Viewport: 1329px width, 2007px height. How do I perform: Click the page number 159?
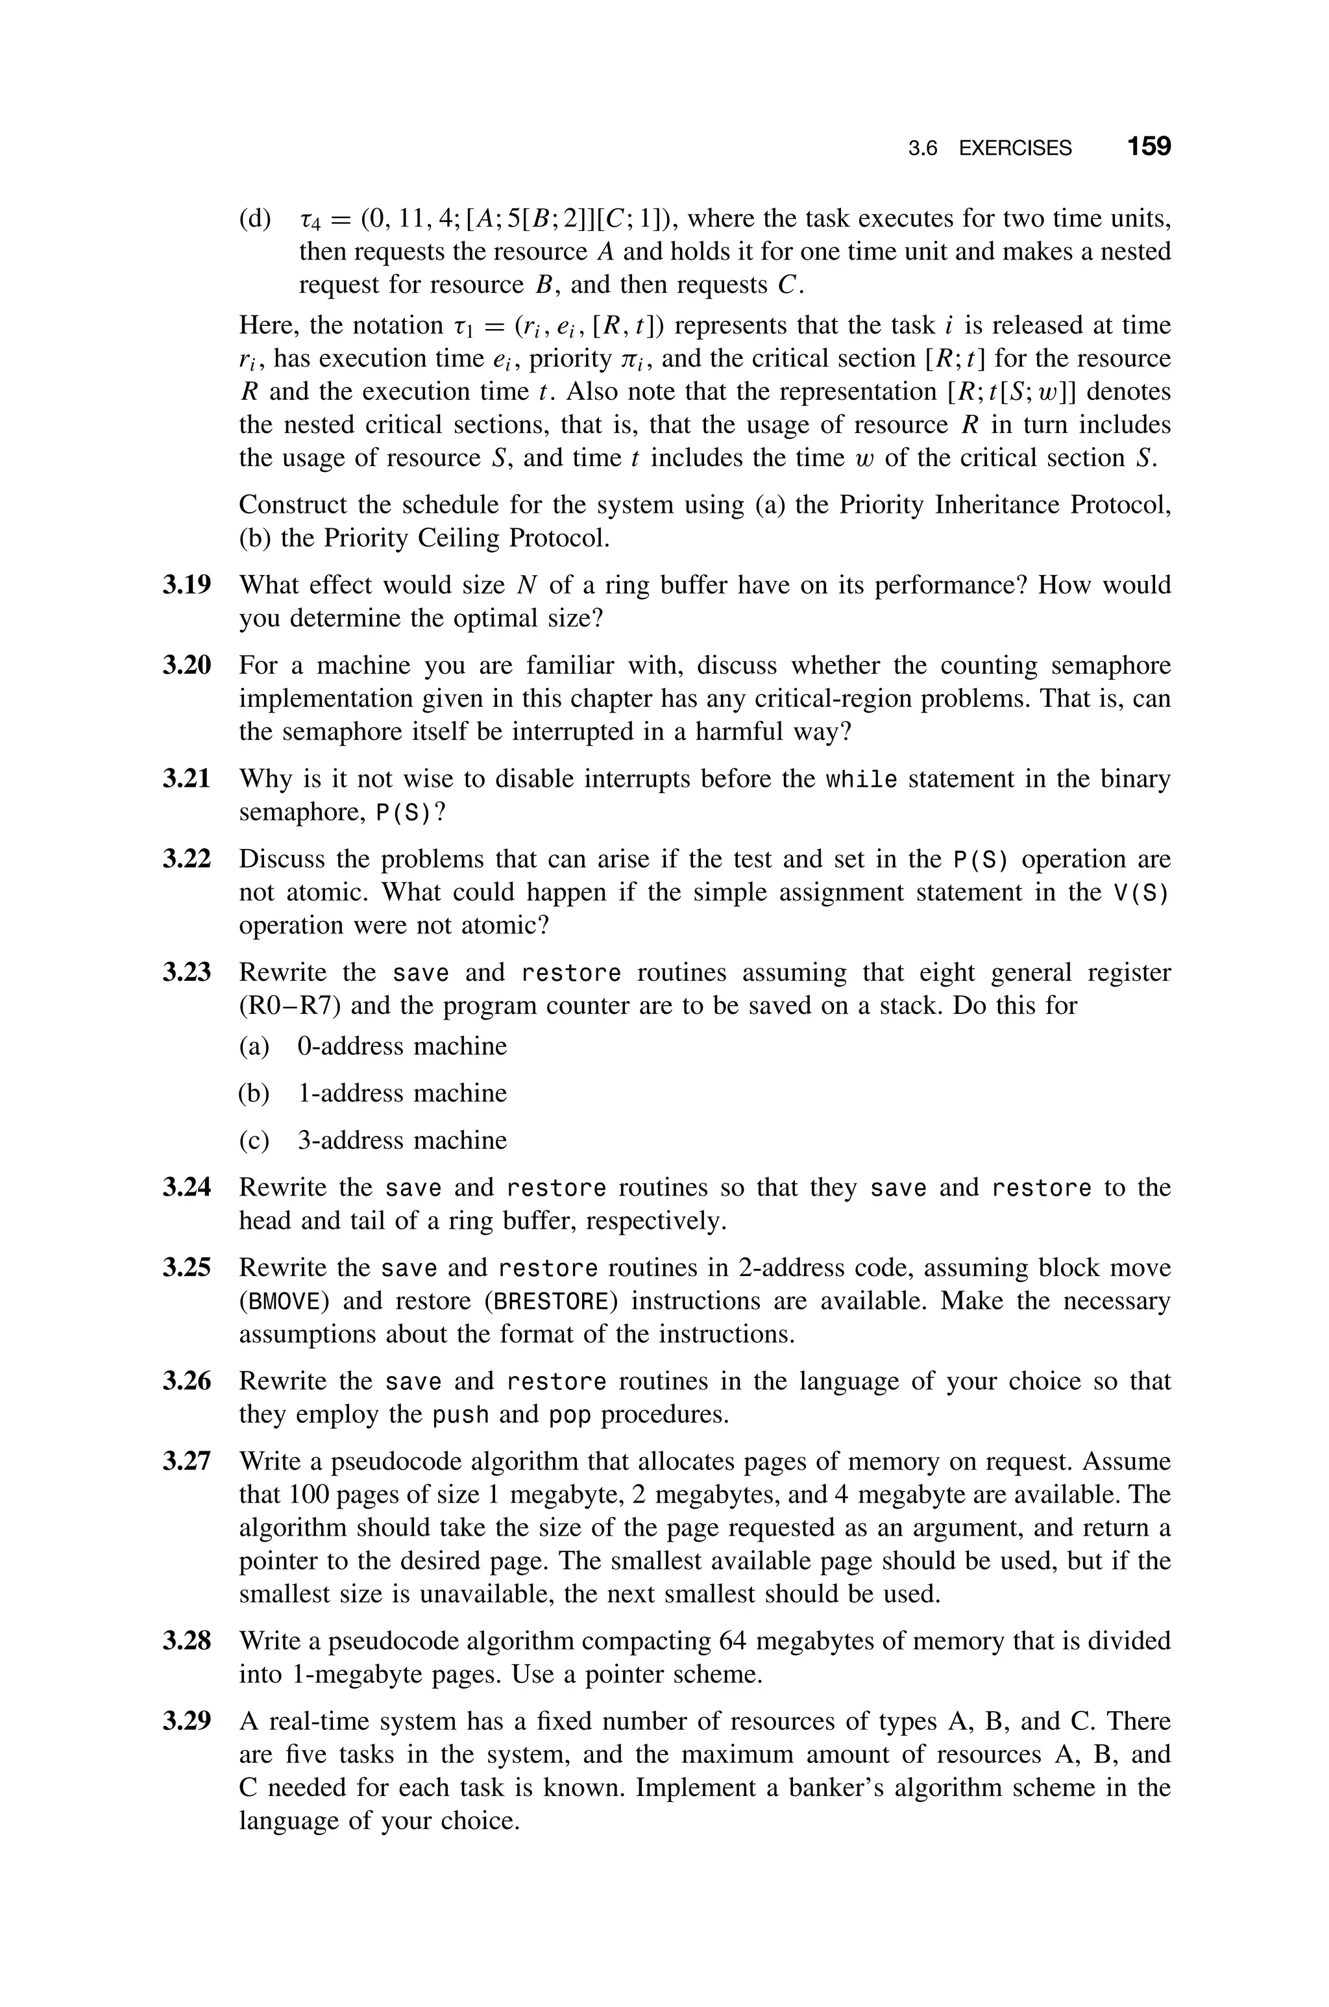pyautogui.click(x=1149, y=147)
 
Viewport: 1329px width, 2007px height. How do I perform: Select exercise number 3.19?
pyautogui.click(x=186, y=585)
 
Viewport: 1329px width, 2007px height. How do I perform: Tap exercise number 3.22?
pyautogui.click(x=186, y=859)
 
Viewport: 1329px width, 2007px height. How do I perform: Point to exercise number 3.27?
pyautogui.click(x=186, y=1461)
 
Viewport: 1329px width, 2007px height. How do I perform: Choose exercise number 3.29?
pyautogui.click(x=186, y=1721)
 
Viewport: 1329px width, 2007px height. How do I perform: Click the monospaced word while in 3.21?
pyautogui.click(x=861, y=779)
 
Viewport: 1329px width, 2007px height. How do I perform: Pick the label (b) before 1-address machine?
pyautogui.click(x=254, y=1093)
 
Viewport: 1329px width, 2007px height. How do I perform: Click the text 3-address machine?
pyautogui.click(x=402, y=1140)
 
